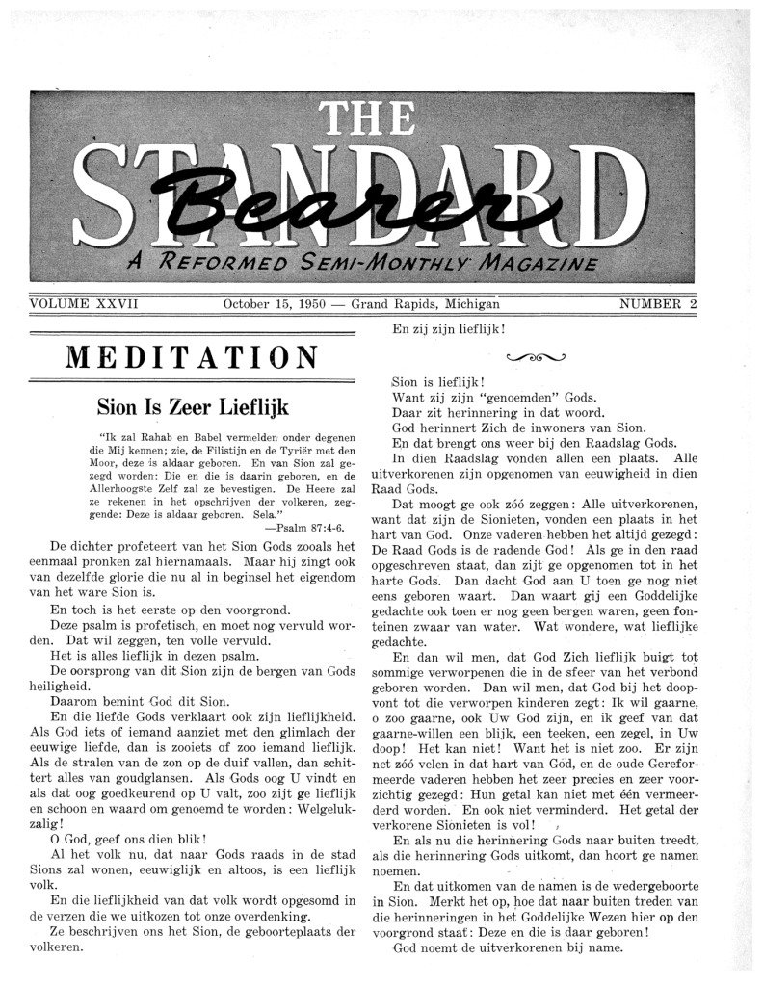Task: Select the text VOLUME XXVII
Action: point(86,304)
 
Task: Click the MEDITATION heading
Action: point(193,356)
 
